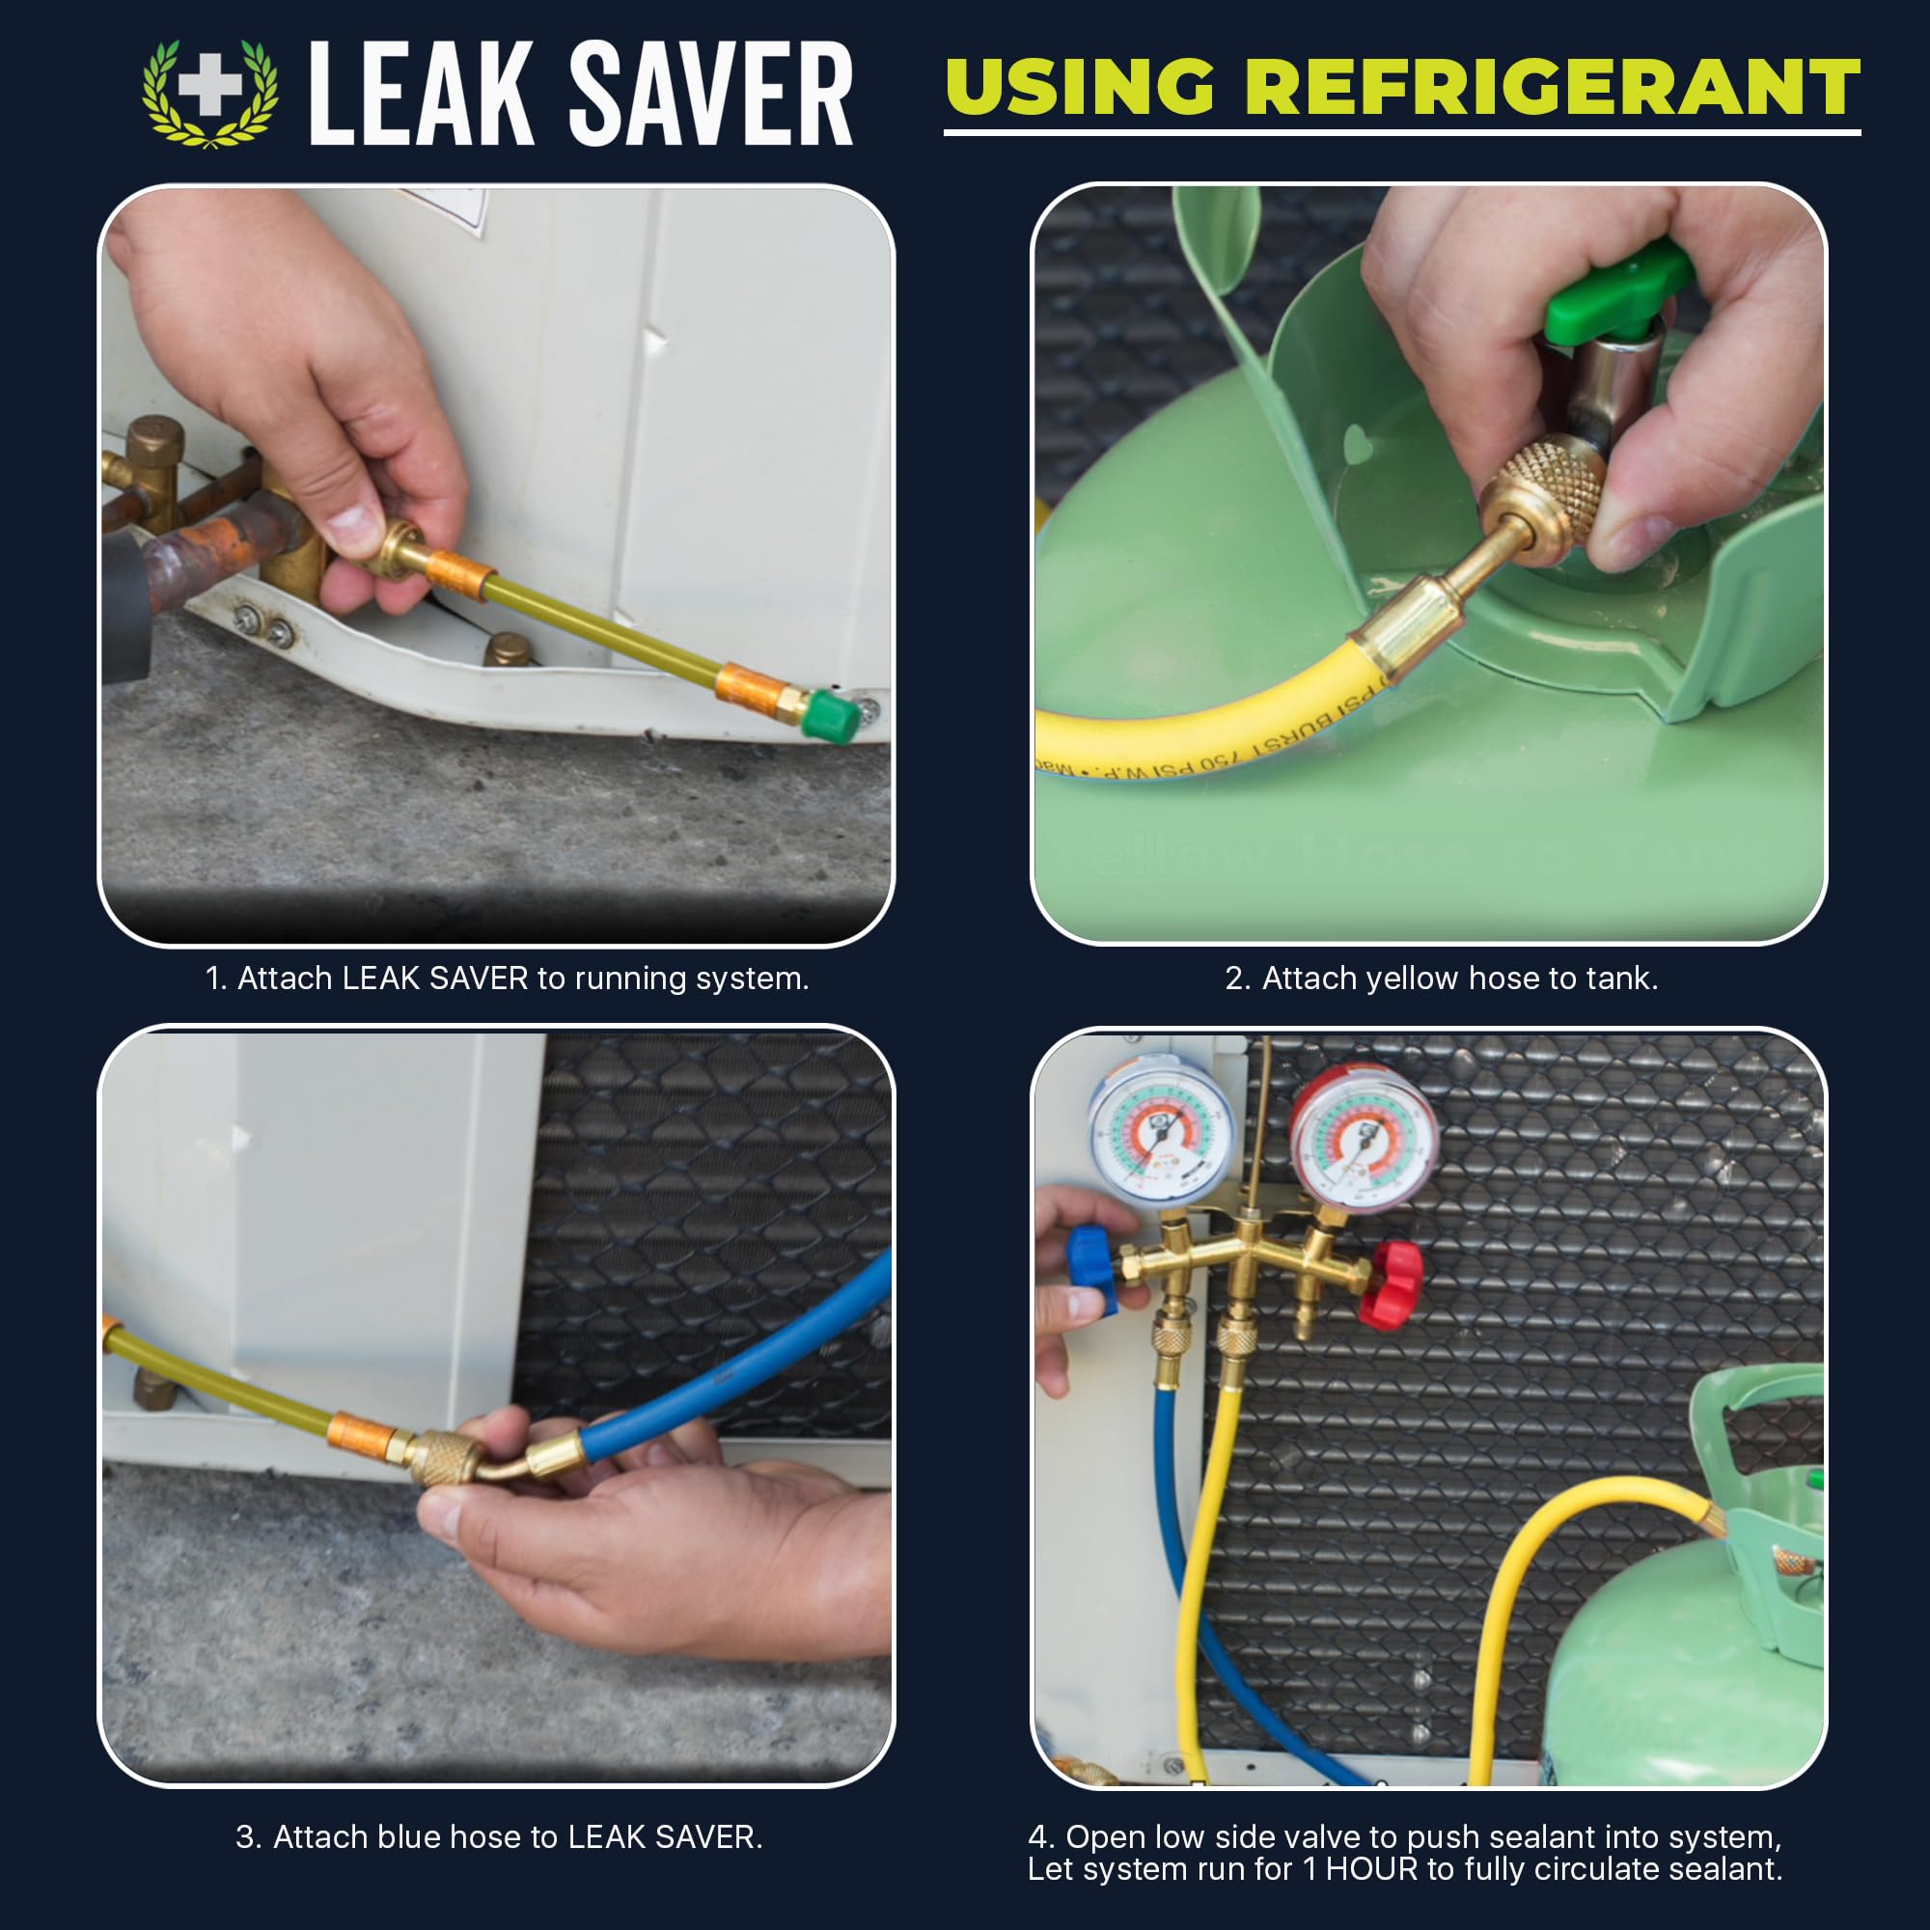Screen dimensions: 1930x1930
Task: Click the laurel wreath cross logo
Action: point(209,93)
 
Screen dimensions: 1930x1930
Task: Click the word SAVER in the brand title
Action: point(709,95)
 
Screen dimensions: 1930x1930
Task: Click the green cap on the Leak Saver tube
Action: point(831,715)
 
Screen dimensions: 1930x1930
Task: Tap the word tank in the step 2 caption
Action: point(1623,978)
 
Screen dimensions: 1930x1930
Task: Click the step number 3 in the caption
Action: point(246,1837)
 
